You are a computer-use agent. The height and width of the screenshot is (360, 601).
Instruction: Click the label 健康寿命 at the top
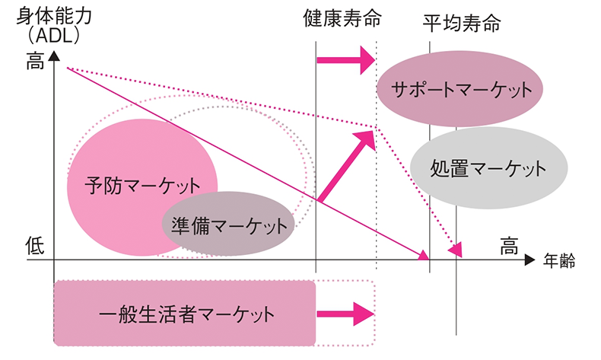(342, 18)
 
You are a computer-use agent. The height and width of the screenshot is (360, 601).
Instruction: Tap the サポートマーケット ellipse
(459, 90)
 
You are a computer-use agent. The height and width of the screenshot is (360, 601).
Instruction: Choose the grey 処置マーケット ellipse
(478, 167)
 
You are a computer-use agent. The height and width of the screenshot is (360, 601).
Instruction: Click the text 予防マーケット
(143, 185)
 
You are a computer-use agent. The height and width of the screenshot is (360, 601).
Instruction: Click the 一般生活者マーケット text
(186, 313)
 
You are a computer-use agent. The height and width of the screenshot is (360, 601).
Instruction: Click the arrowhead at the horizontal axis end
(530, 261)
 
